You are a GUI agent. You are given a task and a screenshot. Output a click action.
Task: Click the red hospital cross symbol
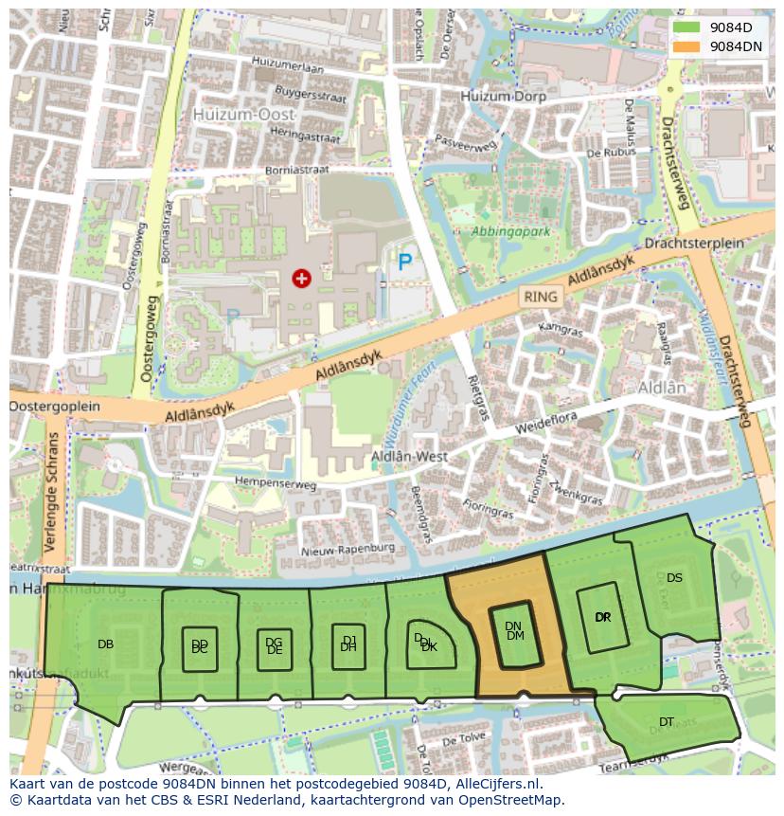click(x=301, y=278)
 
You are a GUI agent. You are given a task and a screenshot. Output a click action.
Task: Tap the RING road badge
click(x=541, y=297)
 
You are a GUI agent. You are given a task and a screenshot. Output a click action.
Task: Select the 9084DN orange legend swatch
click(x=687, y=45)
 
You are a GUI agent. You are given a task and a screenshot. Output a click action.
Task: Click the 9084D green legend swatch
click(x=687, y=28)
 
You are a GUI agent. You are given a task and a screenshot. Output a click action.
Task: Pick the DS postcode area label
click(x=674, y=577)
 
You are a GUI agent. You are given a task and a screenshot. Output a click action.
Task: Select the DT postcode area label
click(x=667, y=722)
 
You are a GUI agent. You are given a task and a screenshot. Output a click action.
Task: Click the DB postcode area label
click(x=105, y=644)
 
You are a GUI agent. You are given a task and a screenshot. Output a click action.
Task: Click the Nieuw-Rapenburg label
click(x=347, y=549)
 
